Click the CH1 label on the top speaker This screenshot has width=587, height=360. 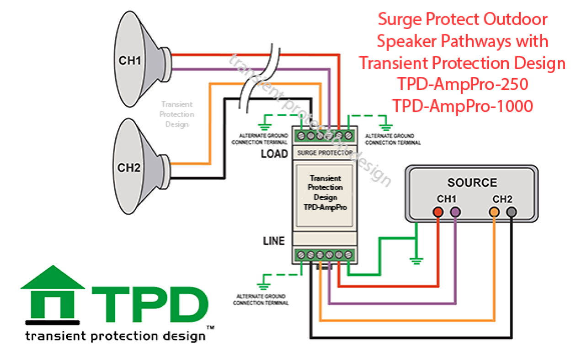coord(130,61)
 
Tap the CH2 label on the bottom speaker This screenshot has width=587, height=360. coord(129,168)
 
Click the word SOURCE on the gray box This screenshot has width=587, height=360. coord(472,183)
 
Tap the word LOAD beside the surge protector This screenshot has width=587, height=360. coord(274,154)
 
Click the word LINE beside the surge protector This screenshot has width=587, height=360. coord(274,241)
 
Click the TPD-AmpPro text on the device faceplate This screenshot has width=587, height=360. coord(325,206)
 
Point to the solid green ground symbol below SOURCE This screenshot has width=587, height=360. coord(416,261)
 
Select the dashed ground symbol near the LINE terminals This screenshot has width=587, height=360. coord(263,286)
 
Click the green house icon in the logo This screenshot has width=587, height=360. coord(53,292)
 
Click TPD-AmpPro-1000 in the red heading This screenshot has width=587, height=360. coord(462,106)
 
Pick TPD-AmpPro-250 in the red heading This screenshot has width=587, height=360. coord(462,84)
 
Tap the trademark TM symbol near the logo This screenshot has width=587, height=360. coord(211,328)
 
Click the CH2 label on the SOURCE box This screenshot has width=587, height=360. coord(502,199)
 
